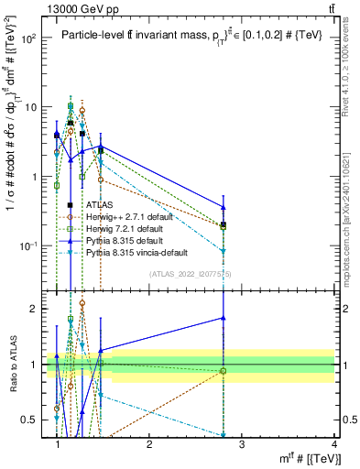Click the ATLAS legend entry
[99, 205]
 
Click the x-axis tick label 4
[334, 443]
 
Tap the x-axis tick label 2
[149, 443]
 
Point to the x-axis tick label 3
[242, 443]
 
